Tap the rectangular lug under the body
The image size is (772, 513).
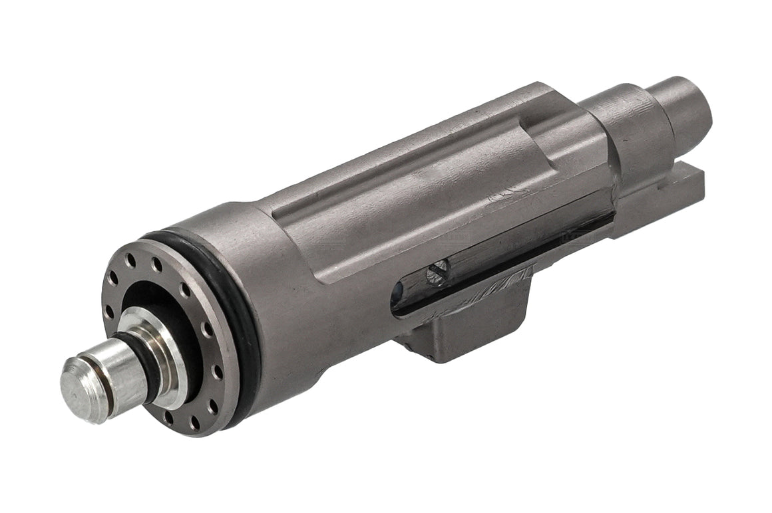coord(466,332)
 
